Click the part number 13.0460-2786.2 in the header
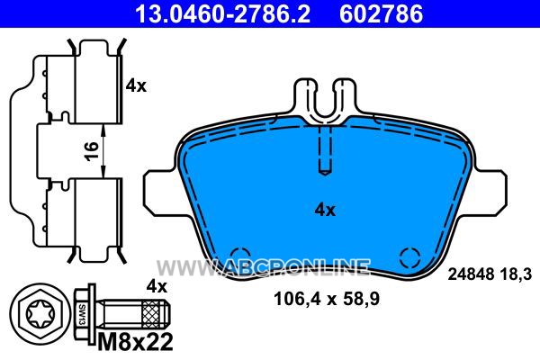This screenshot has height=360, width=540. [x=222, y=13]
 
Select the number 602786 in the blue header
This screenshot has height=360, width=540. [x=381, y=13]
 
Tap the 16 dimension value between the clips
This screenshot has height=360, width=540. [x=92, y=150]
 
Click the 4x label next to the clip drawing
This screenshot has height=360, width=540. [x=136, y=85]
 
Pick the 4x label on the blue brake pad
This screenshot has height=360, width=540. [x=325, y=210]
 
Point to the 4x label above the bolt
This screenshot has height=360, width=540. [x=157, y=286]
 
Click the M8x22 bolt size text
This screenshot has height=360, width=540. [x=135, y=342]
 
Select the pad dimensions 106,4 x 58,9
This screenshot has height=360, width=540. [x=327, y=299]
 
